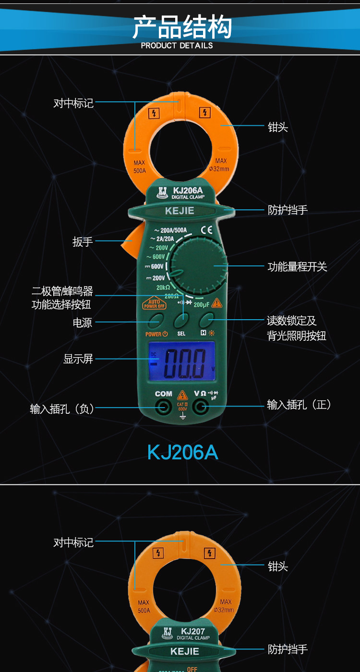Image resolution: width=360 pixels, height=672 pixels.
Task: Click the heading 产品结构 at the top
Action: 182,27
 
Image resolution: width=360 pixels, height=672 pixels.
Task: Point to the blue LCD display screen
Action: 181,361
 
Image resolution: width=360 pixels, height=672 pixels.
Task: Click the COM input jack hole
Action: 164,408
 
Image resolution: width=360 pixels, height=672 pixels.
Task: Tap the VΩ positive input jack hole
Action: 200,408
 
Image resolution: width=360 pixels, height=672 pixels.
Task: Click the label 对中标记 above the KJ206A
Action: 73,103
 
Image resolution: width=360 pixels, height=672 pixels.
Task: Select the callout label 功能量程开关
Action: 297,266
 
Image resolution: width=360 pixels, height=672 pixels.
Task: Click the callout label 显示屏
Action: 78,359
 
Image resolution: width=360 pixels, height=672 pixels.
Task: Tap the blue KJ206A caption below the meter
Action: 182,453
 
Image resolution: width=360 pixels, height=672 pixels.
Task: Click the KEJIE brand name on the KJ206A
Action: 180,211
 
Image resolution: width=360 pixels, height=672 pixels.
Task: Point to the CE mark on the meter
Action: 206,229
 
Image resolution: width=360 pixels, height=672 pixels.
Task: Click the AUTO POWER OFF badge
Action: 154,304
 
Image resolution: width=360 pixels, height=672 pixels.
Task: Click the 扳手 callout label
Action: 83,241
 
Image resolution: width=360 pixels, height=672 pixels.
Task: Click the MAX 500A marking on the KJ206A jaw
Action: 139,167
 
